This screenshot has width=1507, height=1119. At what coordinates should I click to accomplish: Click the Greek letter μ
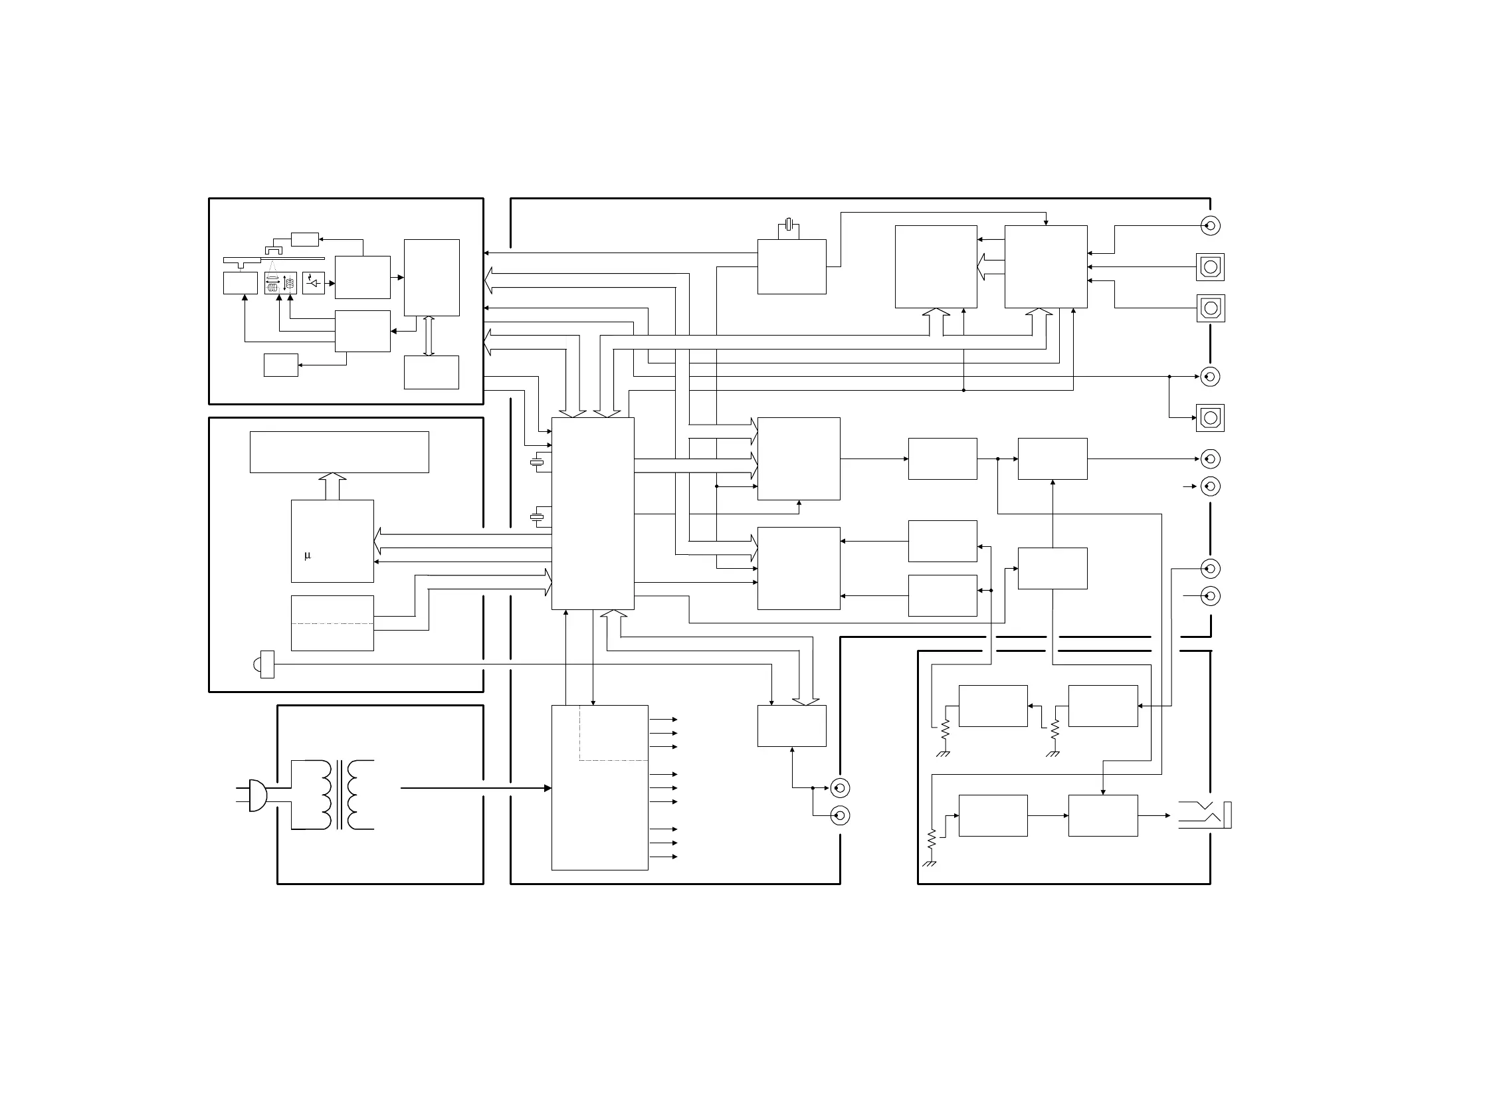coord(308,556)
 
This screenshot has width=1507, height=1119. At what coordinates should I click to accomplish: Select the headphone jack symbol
coord(1205,815)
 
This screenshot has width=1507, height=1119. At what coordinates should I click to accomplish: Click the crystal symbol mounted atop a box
coord(788,223)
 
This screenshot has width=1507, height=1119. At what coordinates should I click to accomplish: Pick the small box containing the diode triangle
coord(314,283)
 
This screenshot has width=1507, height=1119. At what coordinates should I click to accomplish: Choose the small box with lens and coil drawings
coord(280,283)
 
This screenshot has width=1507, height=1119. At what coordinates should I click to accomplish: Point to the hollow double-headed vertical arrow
coord(429,336)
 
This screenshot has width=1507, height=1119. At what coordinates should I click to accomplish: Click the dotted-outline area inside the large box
coord(613,733)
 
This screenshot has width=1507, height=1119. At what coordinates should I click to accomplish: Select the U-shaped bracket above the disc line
coord(274,250)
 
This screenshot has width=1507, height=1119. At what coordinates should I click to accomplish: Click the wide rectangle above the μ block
coord(339,452)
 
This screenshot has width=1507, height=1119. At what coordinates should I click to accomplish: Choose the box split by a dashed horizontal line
coord(332,623)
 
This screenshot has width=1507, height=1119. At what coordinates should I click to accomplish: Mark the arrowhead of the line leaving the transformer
coord(548,789)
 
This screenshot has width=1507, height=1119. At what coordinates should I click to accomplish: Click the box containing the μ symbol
coord(332,540)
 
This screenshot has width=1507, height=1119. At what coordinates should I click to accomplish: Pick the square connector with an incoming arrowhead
coord(1211,418)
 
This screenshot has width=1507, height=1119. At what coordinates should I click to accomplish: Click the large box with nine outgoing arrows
coord(599,788)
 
